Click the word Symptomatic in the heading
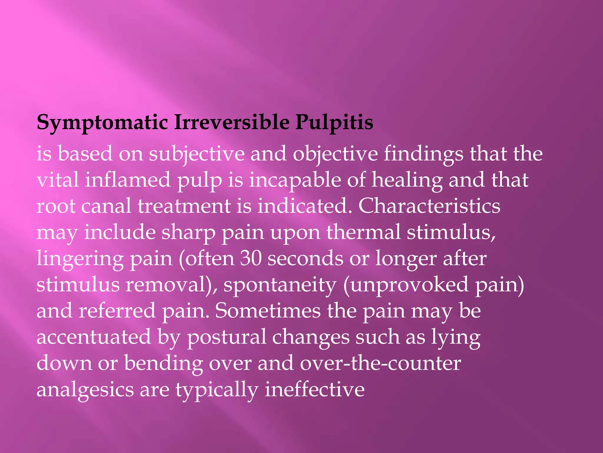tap(102, 122)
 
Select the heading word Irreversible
tap(232, 122)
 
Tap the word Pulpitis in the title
tap(334, 122)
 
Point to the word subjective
tap(197, 154)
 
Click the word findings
tap(423, 154)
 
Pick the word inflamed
tap(128, 180)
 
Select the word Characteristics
tap(429, 206)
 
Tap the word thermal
tap(363, 232)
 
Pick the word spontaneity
tap(280, 285)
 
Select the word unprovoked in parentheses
tap(410, 285)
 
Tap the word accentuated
tap(94, 337)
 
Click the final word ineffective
tap(314, 390)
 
